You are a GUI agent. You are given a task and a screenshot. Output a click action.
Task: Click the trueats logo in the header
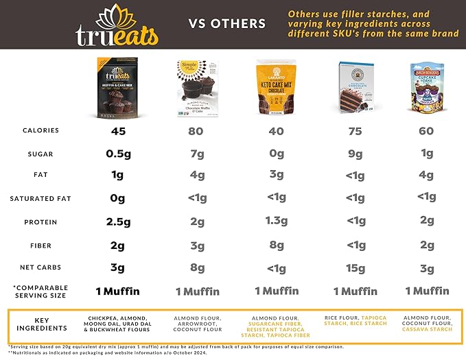[117, 25]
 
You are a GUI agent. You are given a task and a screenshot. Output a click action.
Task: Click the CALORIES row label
[40, 131]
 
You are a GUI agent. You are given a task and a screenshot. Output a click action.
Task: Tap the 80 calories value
[197, 132]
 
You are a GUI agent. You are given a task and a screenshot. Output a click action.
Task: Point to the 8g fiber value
[276, 245]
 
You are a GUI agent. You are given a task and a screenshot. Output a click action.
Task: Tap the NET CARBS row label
[40, 268]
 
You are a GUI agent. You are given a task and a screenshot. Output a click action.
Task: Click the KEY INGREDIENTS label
[41, 324]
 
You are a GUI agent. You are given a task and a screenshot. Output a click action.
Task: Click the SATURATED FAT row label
[40, 200]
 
